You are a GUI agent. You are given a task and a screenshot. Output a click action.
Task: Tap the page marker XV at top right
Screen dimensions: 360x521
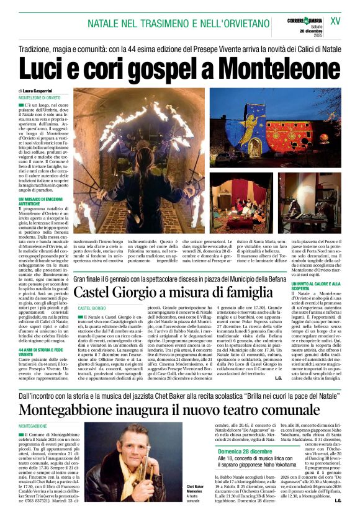click(335, 20)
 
